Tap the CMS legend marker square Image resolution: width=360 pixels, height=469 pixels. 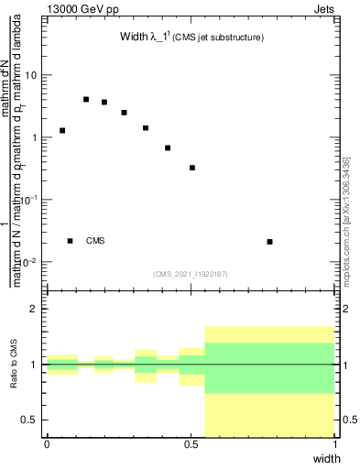70,241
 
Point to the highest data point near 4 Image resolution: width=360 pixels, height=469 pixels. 86,99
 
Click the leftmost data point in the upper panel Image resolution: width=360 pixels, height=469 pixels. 62,130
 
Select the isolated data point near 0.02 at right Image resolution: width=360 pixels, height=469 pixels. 269,242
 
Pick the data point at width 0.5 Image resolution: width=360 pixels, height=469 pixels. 191,168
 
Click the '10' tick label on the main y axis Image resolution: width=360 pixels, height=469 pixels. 30,75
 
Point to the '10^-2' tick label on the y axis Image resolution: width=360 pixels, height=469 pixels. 27,262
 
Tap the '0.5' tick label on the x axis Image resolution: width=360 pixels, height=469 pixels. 191,444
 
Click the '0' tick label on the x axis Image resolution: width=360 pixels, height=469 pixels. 47,444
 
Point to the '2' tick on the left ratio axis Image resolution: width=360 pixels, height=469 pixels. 35,309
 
